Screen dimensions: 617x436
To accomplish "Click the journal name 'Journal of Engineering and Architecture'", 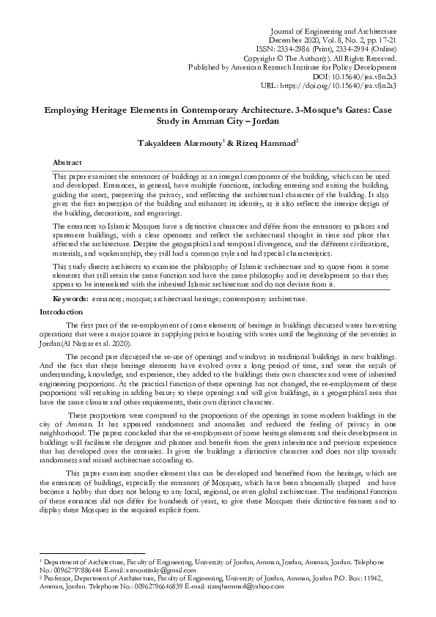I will (334, 32).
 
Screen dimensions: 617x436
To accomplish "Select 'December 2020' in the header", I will (291, 42).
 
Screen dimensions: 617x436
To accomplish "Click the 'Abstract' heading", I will (68, 161).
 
